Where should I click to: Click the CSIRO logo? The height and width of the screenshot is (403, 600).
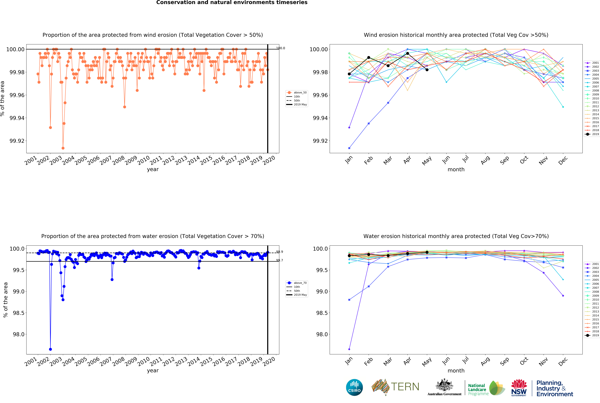[354, 387]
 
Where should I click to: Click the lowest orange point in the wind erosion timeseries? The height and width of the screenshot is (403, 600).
[63, 148]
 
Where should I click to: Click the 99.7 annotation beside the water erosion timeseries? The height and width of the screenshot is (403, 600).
[280, 260]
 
